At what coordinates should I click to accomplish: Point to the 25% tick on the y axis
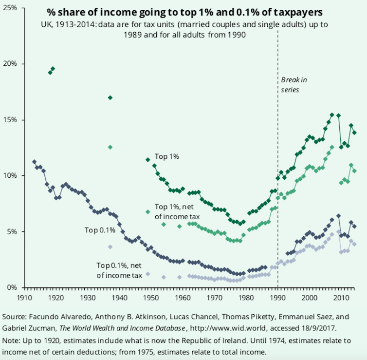[10, 8]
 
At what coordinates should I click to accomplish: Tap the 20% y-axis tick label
[10, 64]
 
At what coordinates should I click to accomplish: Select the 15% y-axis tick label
[10, 120]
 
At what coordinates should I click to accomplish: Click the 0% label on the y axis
[12, 287]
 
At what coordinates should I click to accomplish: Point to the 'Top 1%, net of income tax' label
[178, 211]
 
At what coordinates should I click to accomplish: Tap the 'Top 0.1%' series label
[99, 230]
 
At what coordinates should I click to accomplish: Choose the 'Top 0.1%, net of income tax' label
[119, 270]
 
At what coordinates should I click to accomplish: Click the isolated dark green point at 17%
[110, 97]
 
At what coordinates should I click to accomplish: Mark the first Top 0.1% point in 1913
[34, 162]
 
